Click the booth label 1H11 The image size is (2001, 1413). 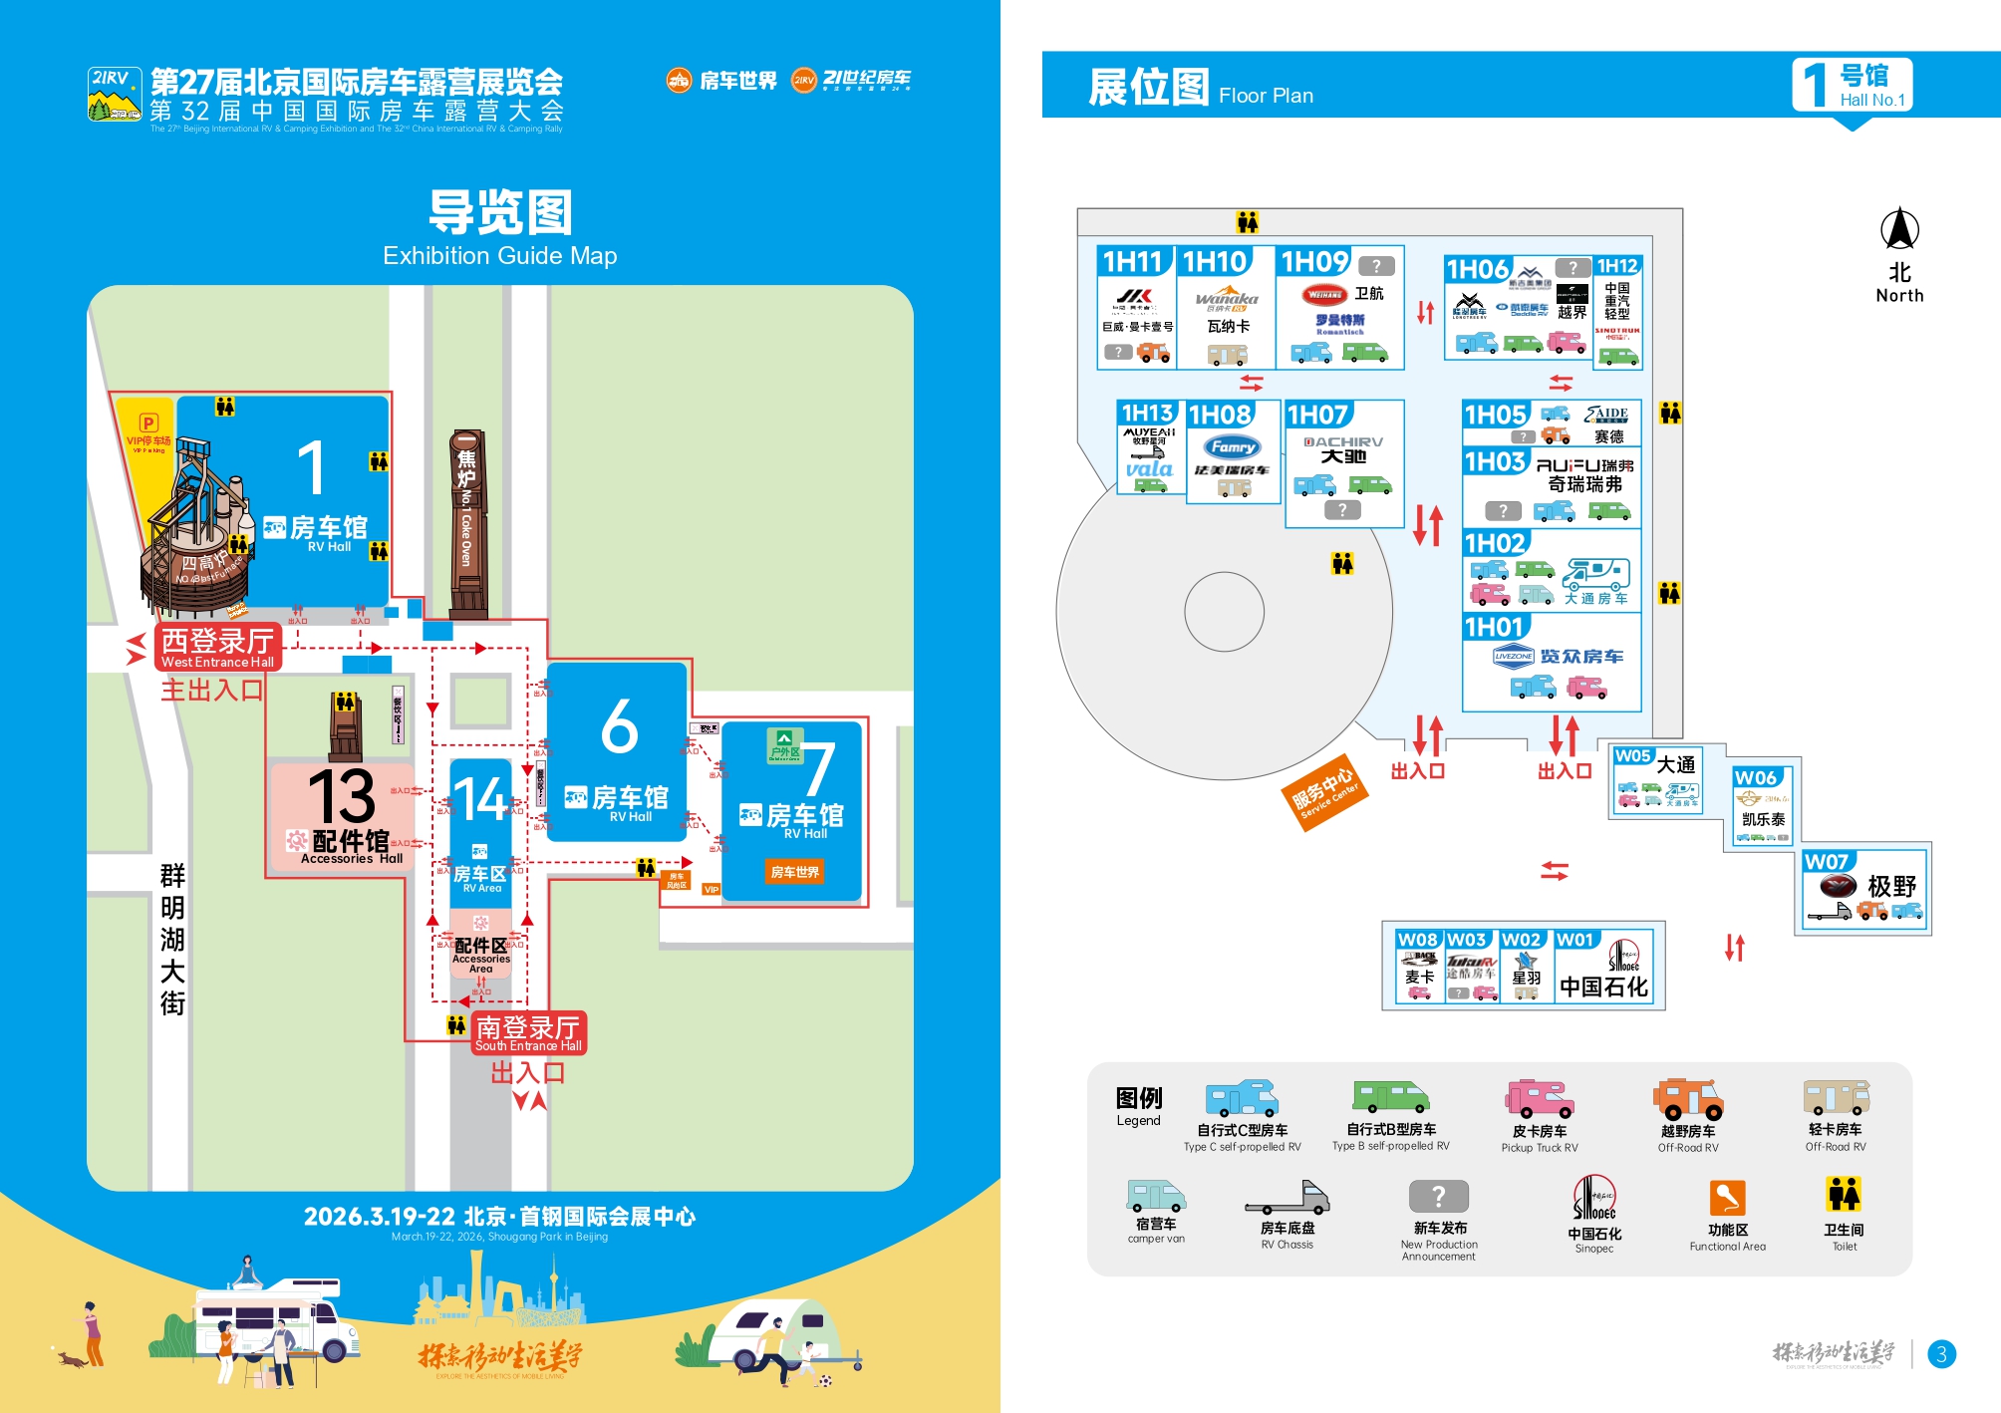point(1133,262)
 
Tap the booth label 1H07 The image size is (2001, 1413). point(1317,415)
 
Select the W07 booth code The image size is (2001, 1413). point(1826,862)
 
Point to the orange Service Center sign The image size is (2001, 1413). point(1324,792)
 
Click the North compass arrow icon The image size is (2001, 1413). point(1899,229)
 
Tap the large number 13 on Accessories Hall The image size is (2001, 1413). point(341,796)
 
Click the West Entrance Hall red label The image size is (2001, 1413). point(218,648)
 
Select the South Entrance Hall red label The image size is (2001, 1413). point(528,1033)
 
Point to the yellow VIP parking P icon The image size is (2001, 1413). point(148,423)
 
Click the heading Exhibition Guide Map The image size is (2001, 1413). point(499,256)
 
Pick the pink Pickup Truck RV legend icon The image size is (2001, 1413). point(1539,1099)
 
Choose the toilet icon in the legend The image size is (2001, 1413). point(1844,1194)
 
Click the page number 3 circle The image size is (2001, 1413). point(1941,1354)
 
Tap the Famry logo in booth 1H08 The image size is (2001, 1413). point(1233,447)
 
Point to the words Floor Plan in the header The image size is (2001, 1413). point(1266,96)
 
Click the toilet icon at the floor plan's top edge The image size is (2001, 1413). point(1247,222)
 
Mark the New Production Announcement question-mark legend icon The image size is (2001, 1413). point(1438,1196)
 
